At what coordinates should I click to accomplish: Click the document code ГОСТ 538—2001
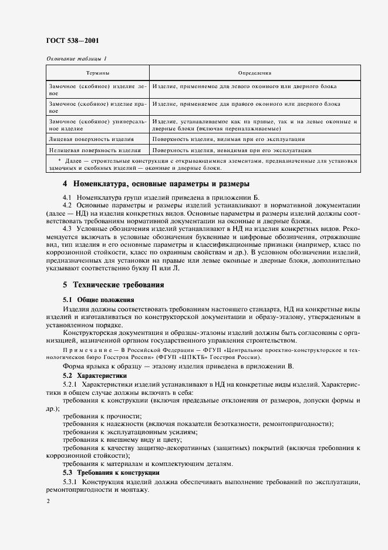click(73, 41)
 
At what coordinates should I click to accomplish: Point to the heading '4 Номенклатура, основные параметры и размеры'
click(148, 183)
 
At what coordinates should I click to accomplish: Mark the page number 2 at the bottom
click(48, 501)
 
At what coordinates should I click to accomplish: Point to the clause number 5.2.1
click(70, 384)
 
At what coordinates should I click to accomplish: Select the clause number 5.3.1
click(70, 482)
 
